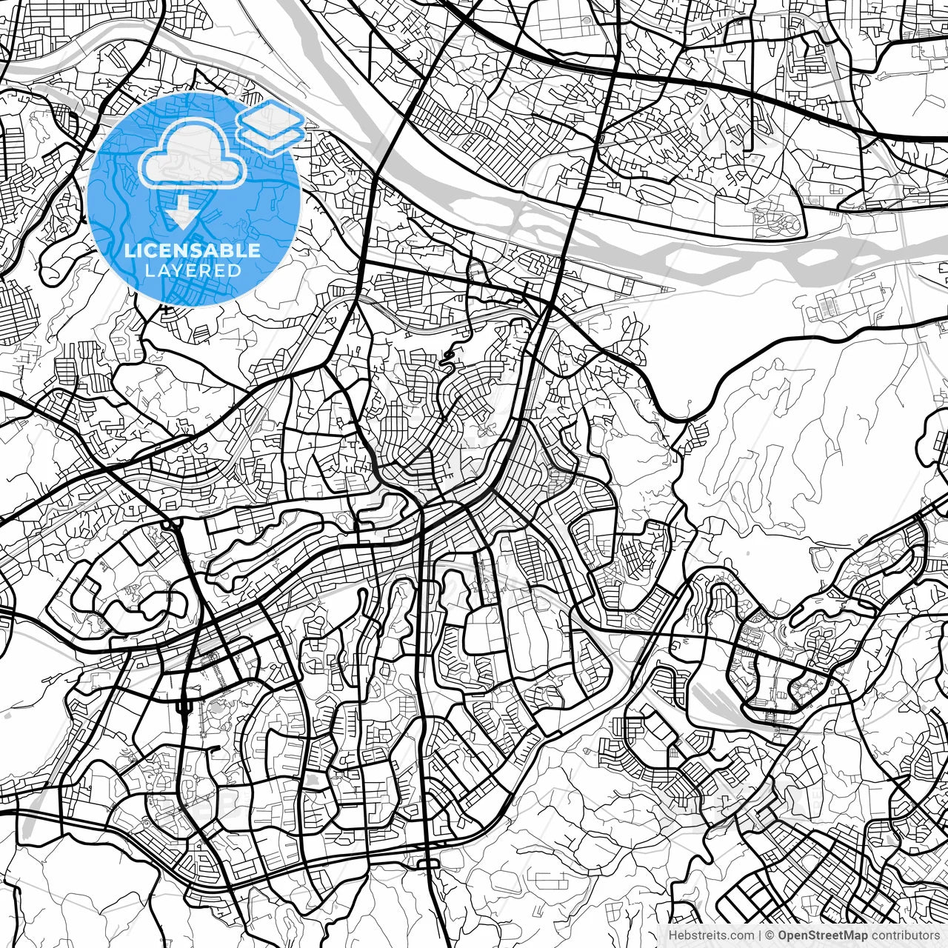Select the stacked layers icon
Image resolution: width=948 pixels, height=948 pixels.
click(x=270, y=127)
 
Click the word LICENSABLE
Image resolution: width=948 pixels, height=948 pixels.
click(x=193, y=251)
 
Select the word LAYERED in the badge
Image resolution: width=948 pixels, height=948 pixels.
click(x=193, y=270)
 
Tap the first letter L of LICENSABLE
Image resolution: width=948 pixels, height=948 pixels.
click(x=129, y=251)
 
